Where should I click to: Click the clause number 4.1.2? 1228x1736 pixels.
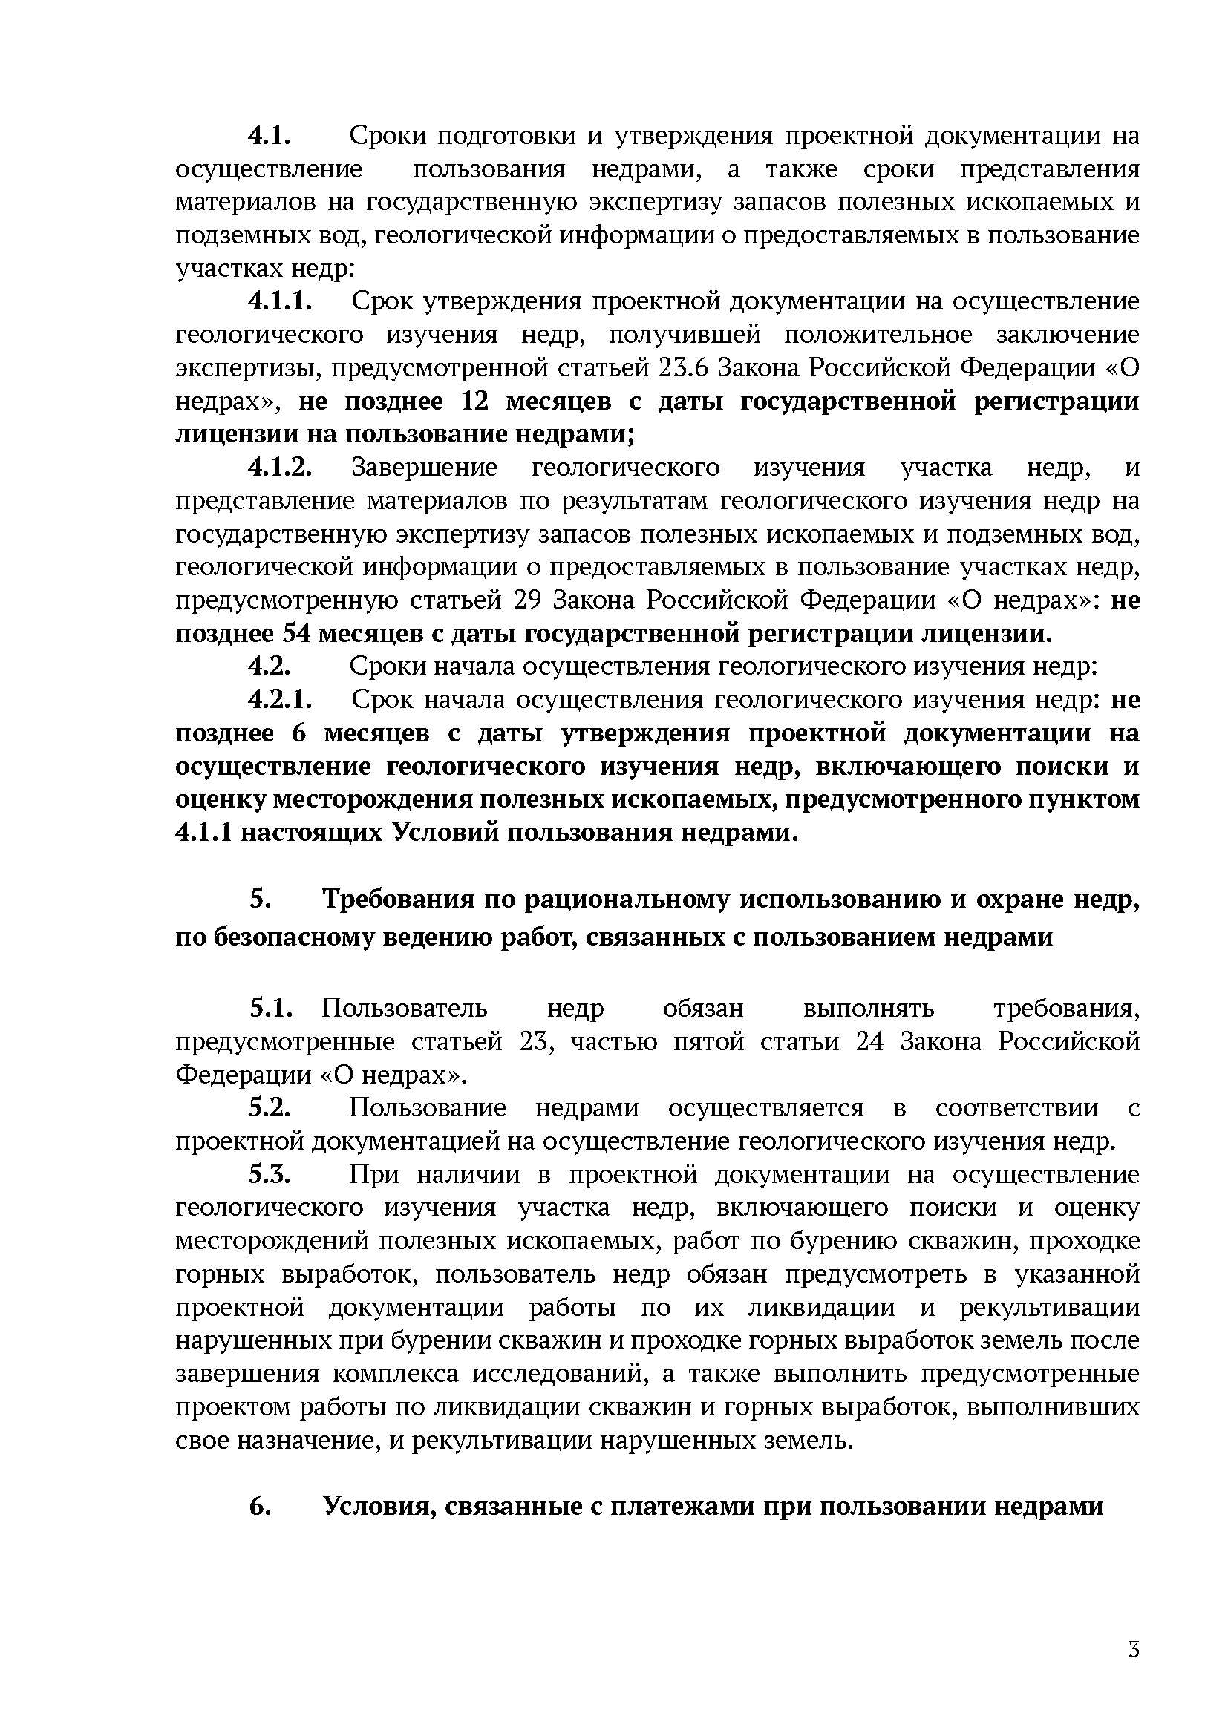click(x=280, y=468)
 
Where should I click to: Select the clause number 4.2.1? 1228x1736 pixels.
click(x=280, y=700)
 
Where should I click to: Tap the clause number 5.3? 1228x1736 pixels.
click(x=270, y=1174)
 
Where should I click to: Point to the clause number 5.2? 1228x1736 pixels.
click(x=270, y=1107)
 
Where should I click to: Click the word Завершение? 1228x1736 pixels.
click(x=424, y=468)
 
